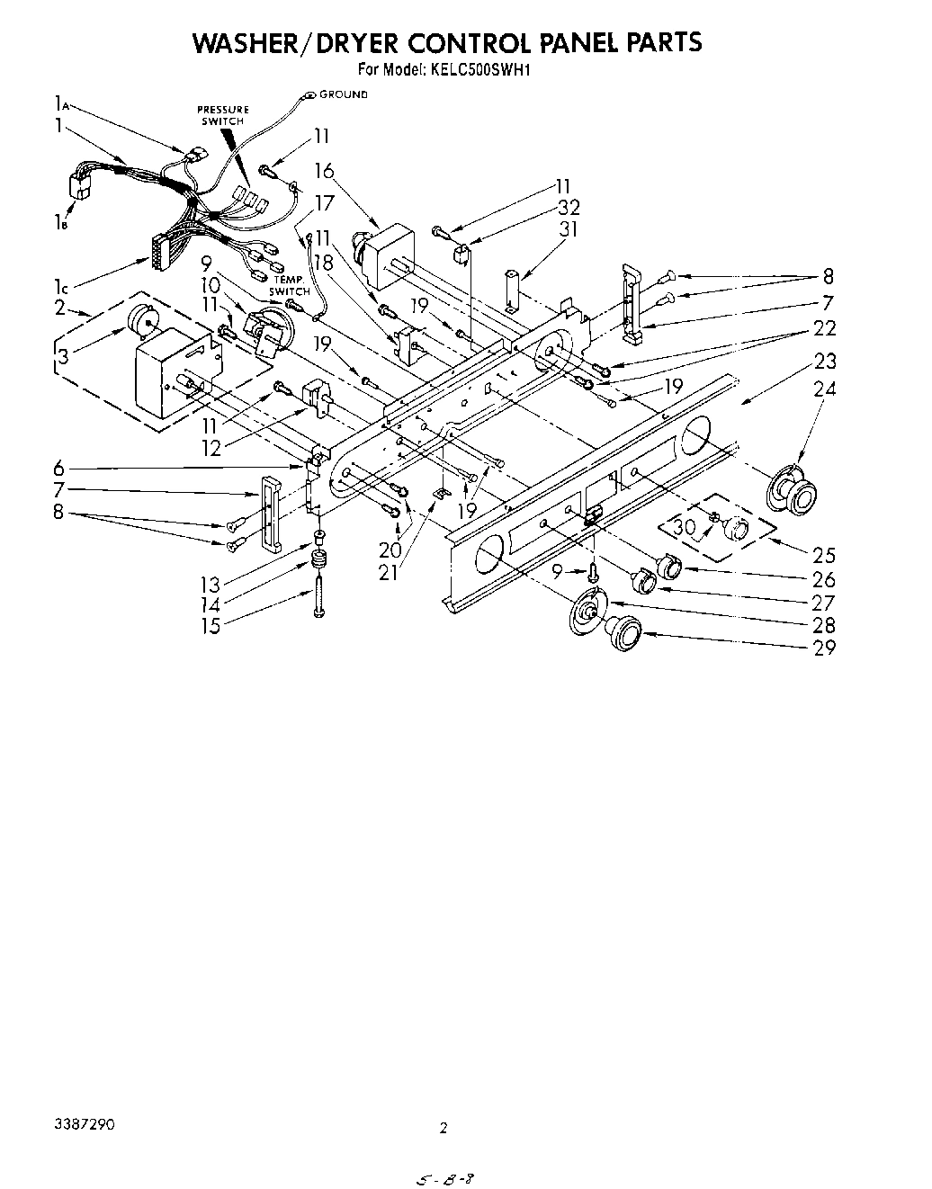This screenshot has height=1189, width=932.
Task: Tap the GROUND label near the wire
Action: click(x=343, y=94)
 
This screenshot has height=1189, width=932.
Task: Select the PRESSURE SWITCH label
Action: click(x=223, y=114)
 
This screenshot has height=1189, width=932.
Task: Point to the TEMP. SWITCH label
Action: click(x=290, y=286)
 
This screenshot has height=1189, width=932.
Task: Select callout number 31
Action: click(x=568, y=228)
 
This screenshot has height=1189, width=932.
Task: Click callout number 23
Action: click(x=824, y=362)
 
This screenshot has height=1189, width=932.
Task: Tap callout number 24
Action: click(x=824, y=389)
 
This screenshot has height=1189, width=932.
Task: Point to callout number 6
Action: click(x=58, y=468)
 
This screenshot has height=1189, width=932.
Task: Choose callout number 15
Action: click(x=211, y=625)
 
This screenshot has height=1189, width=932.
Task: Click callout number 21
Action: click(x=388, y=571)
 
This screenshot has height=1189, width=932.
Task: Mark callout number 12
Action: click(x=211, y=447)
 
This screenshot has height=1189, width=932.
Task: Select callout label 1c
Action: click(x=61, y=287)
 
